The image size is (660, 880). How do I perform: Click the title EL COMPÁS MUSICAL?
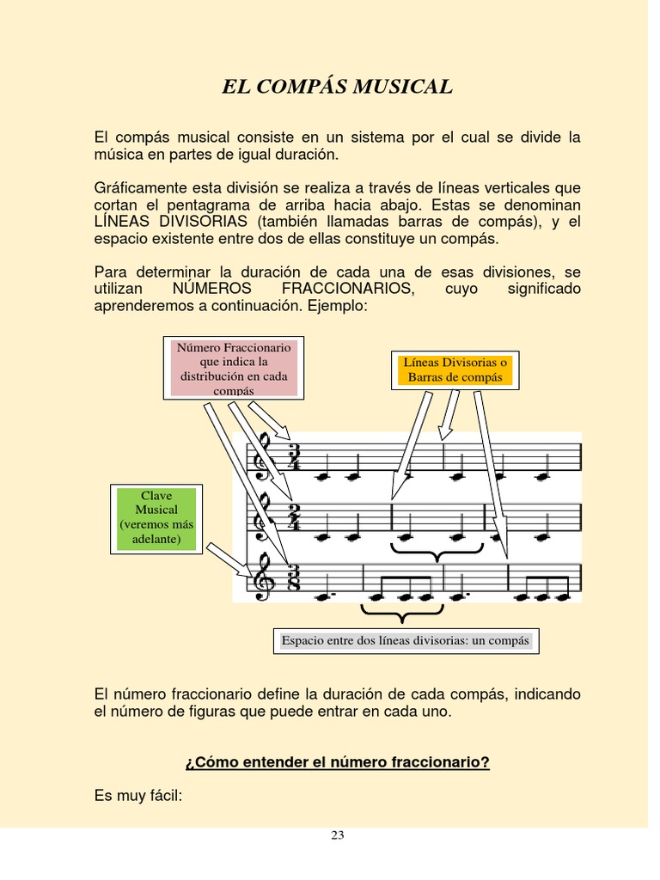tap(337, 87)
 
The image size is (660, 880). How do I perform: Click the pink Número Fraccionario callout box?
tap(235, 369)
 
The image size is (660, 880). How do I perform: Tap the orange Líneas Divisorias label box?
tap(455, 370)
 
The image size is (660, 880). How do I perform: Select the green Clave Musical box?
tap(157, 519)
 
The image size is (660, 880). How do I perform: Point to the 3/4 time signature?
tap(294, 458)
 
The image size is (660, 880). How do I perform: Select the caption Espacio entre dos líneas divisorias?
tap(406, 641)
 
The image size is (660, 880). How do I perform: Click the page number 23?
tap(338, 834)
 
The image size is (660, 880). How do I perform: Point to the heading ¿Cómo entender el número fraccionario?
tap(337, 762)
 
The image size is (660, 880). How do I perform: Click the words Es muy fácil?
tap(138, 797)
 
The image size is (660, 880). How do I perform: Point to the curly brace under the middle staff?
tap(437, 551)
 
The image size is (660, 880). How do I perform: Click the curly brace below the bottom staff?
tap(400, 612)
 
